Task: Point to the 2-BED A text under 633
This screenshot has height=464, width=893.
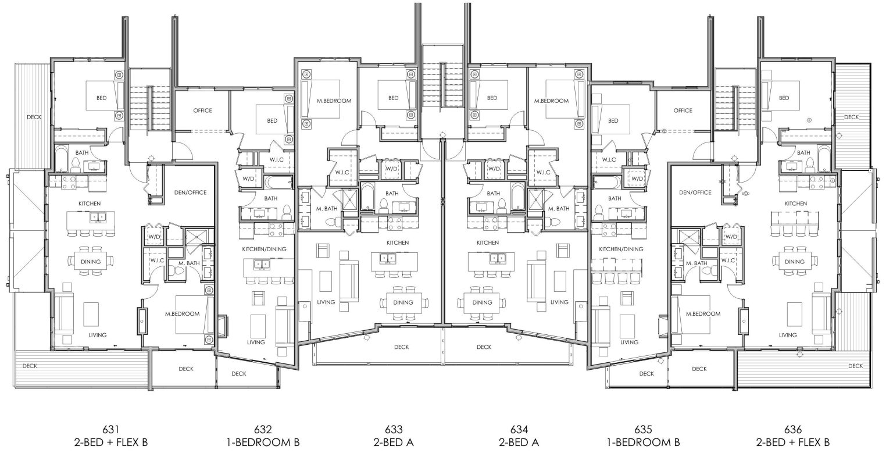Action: pyautogui.click(x=394, y=442)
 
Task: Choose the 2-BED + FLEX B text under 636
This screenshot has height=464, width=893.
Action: pyautogui.click(x=792, y=442)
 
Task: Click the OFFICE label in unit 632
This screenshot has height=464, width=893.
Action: pyautogui.click(x=202, y=110)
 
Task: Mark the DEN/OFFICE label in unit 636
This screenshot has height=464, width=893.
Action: pyautogui.click(x=695, y=192)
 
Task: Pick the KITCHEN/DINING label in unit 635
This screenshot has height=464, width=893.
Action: pyautogui.click(x=621, y=249)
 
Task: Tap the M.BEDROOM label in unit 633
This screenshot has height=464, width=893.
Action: pyautogui.click(x=334, y=101)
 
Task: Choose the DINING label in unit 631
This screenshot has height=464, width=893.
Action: pyautogui.click(x=91, y=262)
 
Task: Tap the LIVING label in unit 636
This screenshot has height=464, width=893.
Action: pyautogui.click(x=788, y=335)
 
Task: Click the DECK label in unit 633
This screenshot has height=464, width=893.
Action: pyautogui.click(x=401, y=347)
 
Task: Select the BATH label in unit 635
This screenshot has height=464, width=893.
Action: pyautogui.click(x=615, y=199)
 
